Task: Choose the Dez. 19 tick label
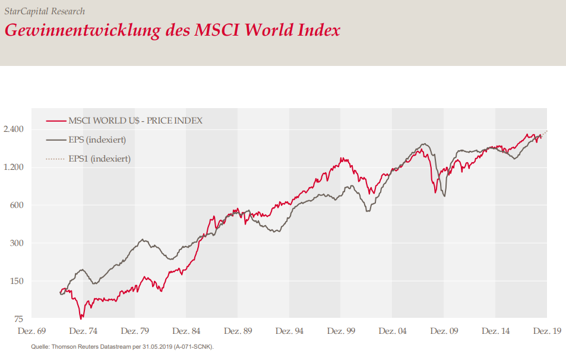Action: coord(547,330)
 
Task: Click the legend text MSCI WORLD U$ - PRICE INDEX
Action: coord(135,121)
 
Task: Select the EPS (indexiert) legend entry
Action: coord(97,140)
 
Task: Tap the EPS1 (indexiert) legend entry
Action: coord(100,159)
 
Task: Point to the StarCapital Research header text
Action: coord(45,11)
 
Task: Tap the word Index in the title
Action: coord(318,30)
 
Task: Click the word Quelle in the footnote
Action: coord(40,347)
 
